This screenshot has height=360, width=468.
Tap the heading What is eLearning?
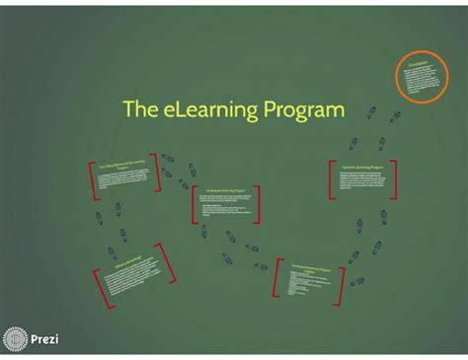(x=128, y=261)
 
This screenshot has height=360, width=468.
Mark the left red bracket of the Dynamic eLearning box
(x=331, y=178)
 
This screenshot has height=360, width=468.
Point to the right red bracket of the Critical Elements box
(x=156, y=174)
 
